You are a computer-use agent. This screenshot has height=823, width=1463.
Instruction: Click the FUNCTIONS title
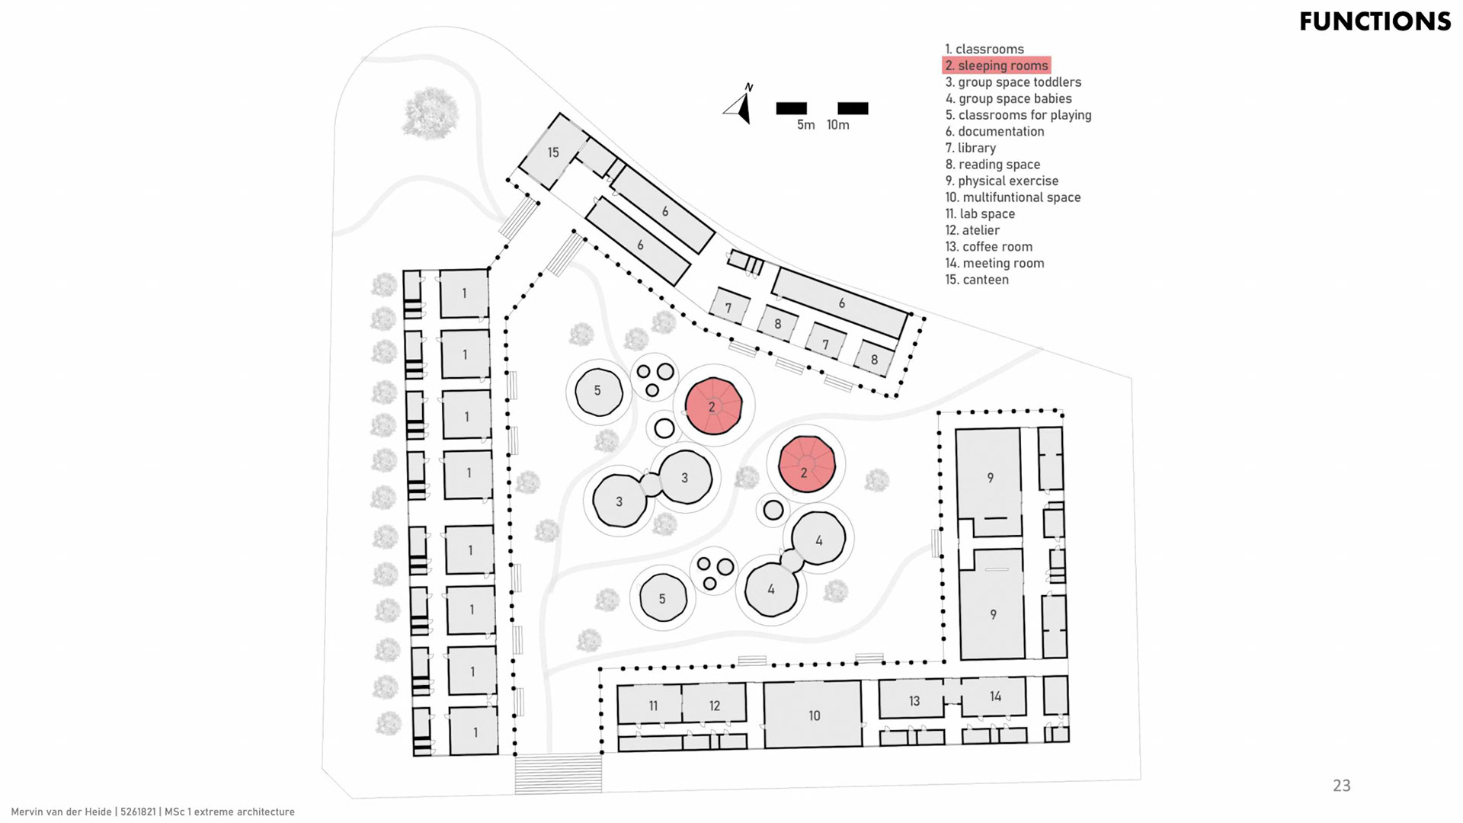tap(1375, 21)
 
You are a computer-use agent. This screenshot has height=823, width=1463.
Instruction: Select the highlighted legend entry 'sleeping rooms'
tap(997, 66)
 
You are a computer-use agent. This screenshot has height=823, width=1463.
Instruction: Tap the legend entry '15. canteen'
tap(977, 280)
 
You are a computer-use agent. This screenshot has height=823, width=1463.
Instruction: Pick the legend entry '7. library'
tap(971, 148)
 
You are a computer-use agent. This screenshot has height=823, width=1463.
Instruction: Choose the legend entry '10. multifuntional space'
tap(1013, 197)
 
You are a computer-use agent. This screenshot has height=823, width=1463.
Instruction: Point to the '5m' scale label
tap(805, 125)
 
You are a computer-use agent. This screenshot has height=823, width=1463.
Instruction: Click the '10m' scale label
tap(837, 125)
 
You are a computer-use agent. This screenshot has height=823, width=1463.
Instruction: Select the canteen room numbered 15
tap(552, 152)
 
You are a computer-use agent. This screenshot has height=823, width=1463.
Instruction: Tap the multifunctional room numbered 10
tap(814, 715)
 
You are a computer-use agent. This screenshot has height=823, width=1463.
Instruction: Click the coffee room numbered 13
tap(914, 700)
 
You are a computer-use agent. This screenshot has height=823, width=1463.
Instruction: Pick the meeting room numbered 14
tap(994, 697)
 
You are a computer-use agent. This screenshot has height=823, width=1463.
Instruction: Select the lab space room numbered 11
tap(652, 705)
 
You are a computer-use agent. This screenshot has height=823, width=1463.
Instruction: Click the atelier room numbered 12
tap(714, 705)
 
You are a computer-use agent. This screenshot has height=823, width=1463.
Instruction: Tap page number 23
tap(1341, 786)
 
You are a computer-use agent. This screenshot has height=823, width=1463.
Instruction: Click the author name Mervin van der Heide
tap(62, 812)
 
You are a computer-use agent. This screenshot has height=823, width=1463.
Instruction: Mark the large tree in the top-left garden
tap(431, 112)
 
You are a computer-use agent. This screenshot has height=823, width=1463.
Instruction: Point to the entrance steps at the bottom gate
tap(559, 773)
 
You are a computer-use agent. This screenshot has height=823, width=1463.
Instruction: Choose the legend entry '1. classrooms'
tap(984, 49)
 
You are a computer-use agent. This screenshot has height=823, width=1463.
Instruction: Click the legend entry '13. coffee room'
tap(989, 247)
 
